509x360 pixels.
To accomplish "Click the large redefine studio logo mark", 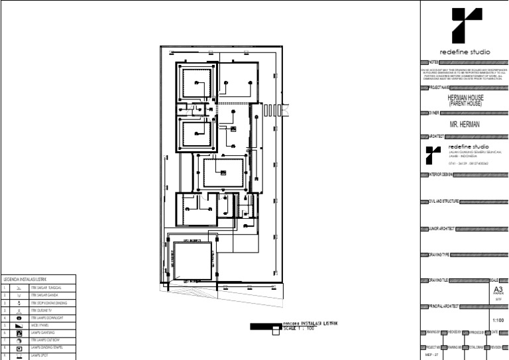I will point(463,25).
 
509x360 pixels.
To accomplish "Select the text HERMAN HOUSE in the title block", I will point(465,97).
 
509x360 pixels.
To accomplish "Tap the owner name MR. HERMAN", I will point(464,123).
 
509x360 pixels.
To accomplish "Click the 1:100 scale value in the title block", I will point(498,320).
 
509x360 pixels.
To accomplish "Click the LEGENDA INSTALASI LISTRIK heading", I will point(25,279).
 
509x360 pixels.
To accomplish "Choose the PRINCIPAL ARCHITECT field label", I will point(443,307).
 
